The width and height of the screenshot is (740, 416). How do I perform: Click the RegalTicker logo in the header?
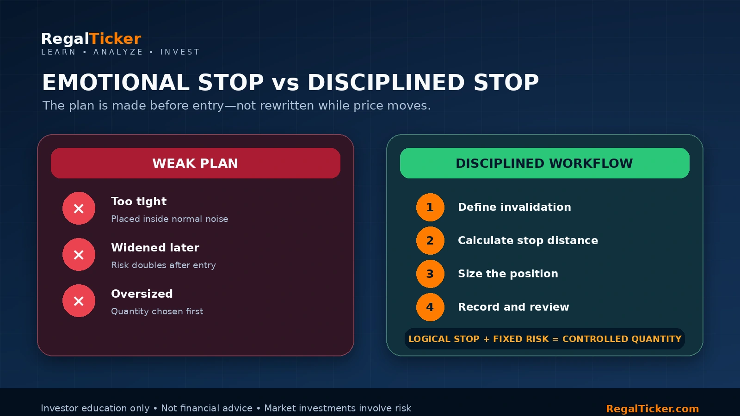click(91, 39)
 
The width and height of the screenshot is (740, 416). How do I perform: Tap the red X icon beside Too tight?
click(79, 208)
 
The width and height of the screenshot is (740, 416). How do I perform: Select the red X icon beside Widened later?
click(79, 255)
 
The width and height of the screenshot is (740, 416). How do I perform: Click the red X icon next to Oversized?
click(79, 301)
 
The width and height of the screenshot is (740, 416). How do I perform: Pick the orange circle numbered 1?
click(430, 208)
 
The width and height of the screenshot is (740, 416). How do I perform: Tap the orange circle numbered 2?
click(430, 241)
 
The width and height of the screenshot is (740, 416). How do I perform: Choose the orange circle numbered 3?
click(430, 274)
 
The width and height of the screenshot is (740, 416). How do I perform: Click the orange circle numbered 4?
click(430, 307)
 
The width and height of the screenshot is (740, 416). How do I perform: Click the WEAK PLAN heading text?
click(195, 164)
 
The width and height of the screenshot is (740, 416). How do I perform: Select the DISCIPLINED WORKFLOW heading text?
click(544, 164)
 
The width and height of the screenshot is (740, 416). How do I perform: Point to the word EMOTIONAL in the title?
click(116, 82)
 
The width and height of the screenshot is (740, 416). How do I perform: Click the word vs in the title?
click(286, 84)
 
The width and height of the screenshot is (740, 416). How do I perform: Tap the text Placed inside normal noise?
click(169, 219)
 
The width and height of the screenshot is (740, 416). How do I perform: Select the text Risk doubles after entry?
click(164, 265)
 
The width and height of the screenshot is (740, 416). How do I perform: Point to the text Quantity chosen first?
click(157, 312)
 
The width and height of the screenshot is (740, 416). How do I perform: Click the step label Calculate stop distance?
click(528, 240)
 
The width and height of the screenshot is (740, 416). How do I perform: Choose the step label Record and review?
click(514, 307)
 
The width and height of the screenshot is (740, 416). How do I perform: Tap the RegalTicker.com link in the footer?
click(653, 409)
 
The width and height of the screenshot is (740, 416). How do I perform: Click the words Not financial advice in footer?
click(207, 409)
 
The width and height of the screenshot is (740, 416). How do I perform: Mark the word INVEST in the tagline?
click(180, 52)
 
